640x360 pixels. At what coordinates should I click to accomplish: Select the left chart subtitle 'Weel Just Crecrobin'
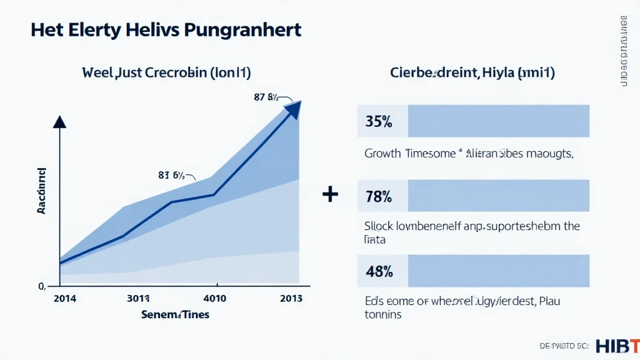(x=166, y=73)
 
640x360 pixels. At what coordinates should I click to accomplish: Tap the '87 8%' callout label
(x=266, y=97)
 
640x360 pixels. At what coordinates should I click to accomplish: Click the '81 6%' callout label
(x=171, y=176)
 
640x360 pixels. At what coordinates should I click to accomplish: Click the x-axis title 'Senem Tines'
(x=174, y=314)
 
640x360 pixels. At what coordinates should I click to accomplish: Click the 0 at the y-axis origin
(x=41, y=286)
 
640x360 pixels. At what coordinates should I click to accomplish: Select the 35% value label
(x=379, y=122)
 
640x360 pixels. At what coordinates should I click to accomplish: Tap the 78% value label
(x=379, y=196)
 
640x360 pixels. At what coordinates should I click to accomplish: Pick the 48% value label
(x=379, y=271)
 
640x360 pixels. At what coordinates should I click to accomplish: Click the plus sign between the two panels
(x=330, y=195)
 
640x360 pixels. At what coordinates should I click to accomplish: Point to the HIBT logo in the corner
(x=617, y=346)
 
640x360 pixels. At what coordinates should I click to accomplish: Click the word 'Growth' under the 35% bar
(x=382, y=153)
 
